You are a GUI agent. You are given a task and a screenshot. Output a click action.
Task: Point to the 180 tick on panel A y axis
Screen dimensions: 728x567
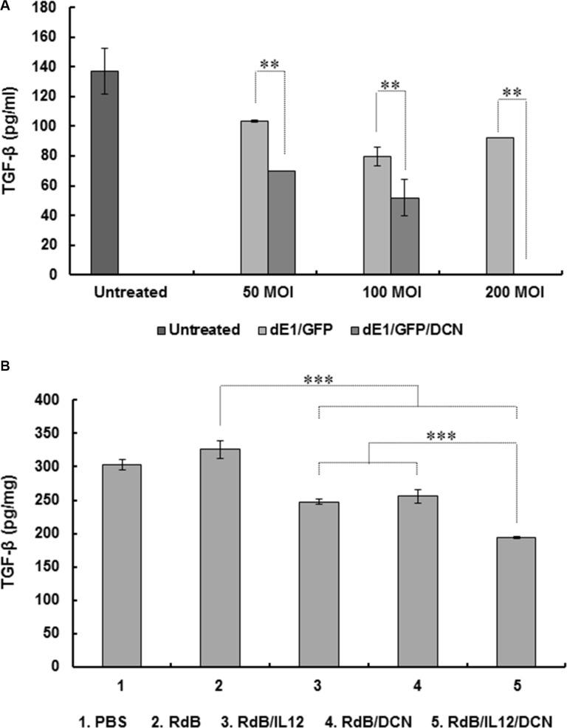point(55,7)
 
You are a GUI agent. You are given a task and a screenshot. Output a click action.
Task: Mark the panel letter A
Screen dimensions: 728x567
point(6,6)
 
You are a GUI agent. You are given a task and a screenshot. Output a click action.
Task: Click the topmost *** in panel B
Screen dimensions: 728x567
point(319,381)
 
